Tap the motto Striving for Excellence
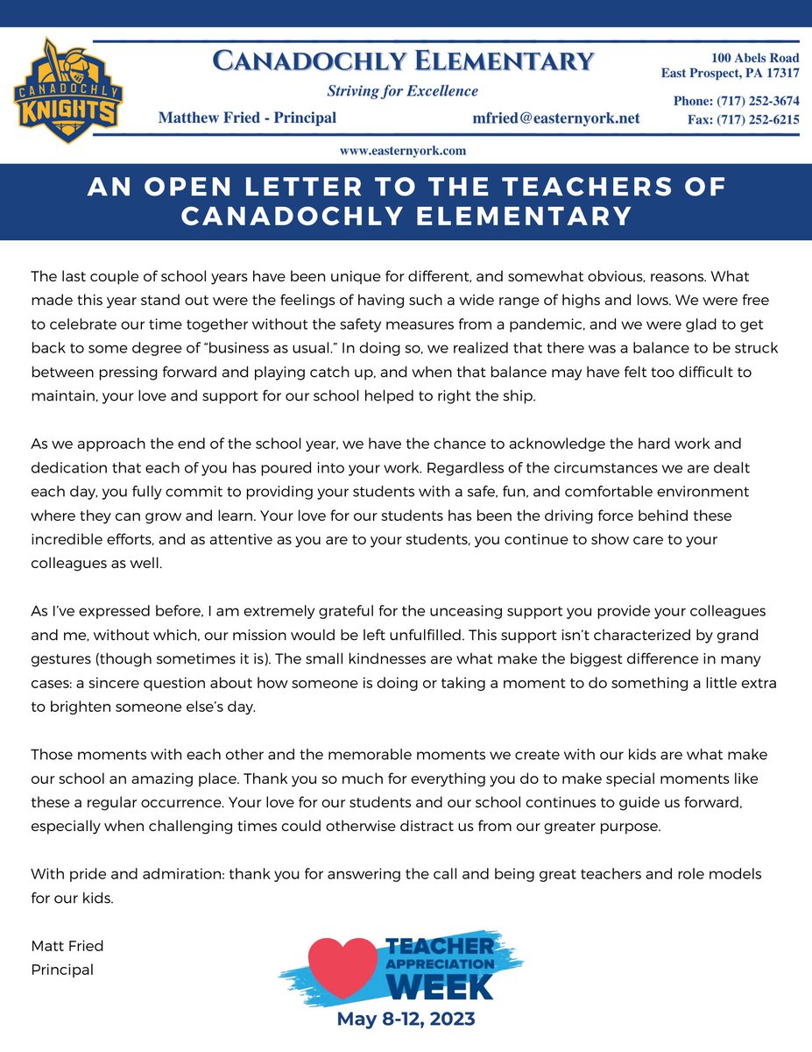(402, 91)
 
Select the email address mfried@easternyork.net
(555, 118)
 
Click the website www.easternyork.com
(402, 151)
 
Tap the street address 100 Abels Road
(754, 58)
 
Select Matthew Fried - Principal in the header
(247, 118)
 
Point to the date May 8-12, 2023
(406, 1020)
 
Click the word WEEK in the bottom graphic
(441, 986)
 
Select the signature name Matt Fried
(67, 946)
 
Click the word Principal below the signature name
(62, 970)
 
